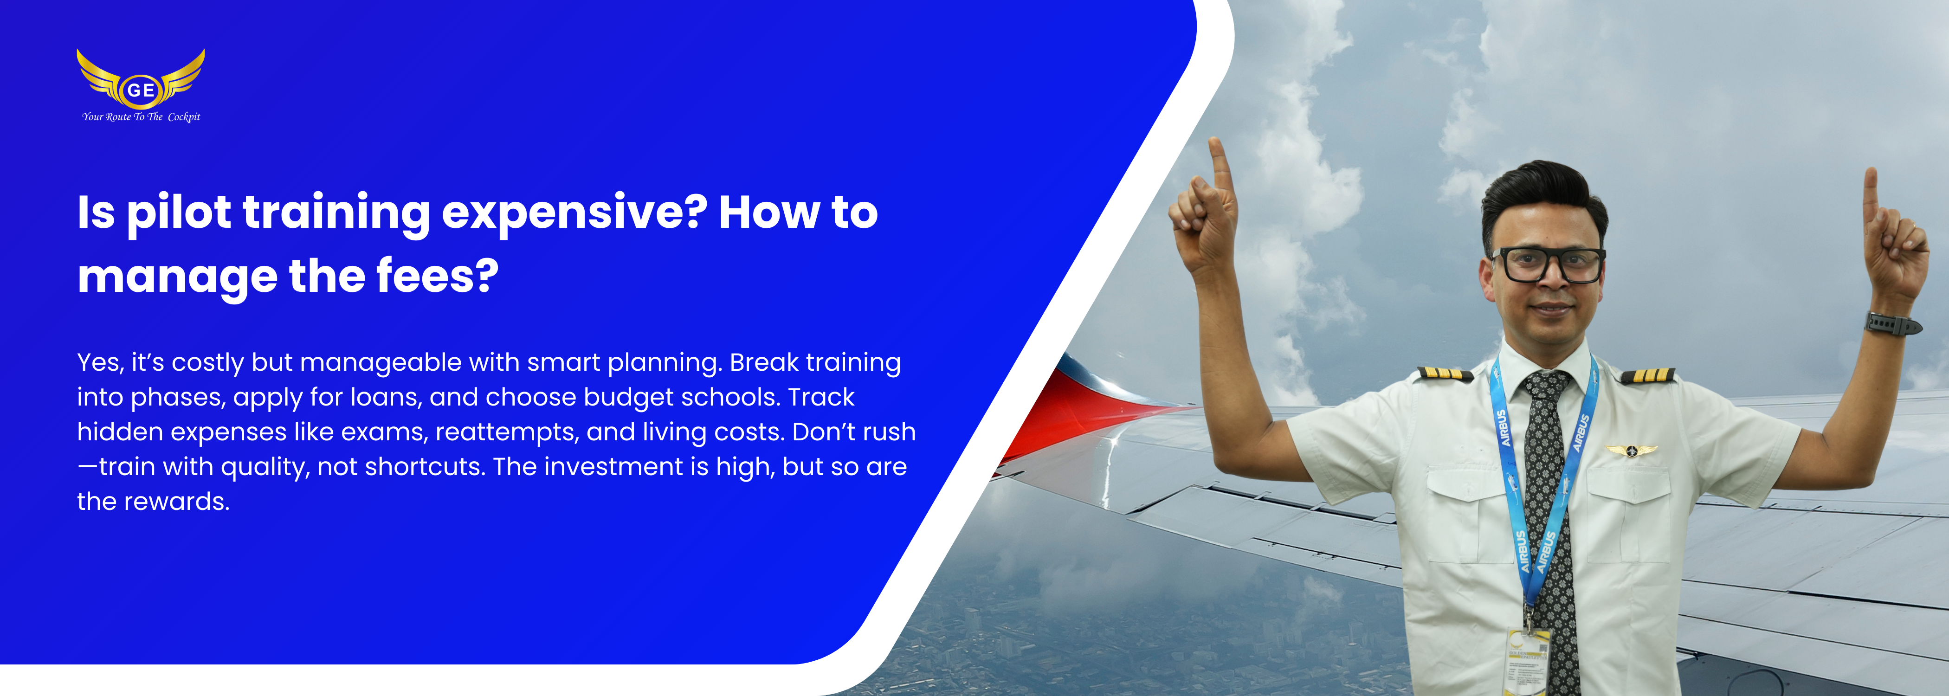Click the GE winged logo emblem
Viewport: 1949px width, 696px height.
141,79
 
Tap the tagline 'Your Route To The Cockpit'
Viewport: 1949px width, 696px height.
142,116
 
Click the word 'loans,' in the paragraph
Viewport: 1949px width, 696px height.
375,397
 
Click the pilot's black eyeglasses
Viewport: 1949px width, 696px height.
1547,264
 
